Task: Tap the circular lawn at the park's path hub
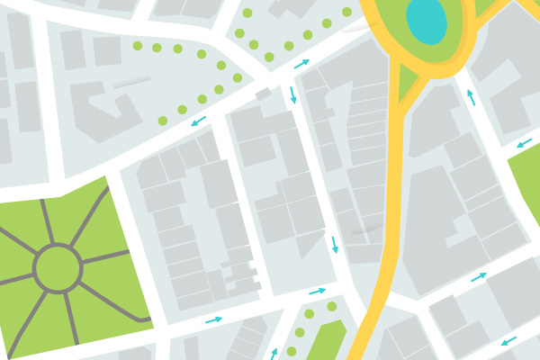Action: (57, 267)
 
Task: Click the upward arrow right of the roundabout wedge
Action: (470, 97)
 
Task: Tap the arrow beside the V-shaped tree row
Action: (198, 120)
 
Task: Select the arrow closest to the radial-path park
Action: (213, 319)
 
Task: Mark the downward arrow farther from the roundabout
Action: (335, 244)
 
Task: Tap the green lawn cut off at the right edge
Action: (526, 184)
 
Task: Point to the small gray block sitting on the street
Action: (263, 94)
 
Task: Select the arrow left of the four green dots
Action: (274, 353)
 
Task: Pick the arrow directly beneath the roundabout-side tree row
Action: (301, 64)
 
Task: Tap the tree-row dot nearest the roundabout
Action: (347, 12)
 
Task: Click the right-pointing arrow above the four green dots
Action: (317, 291)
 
